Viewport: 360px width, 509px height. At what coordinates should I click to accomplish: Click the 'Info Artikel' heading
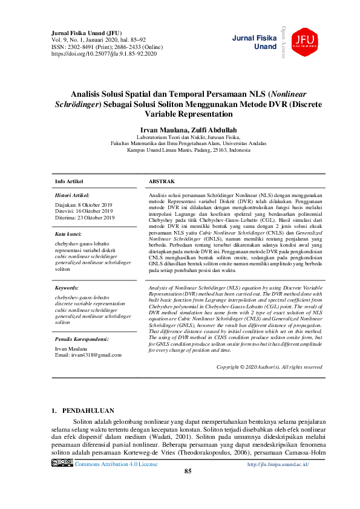tap(69, 181)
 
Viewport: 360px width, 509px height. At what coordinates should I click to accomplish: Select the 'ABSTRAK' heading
tap(162, 181)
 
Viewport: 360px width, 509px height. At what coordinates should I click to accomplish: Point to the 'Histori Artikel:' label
tap(72, 196)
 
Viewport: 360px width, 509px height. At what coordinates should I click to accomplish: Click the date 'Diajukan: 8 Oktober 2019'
tap(84, 204)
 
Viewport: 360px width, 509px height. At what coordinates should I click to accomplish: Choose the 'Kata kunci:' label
tap(68, 234)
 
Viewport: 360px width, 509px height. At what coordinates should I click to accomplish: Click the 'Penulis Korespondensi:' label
tap(82, 339)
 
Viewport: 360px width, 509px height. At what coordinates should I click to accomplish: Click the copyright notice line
tap(269, 367)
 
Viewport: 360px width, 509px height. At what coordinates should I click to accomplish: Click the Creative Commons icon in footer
tap(62, 463)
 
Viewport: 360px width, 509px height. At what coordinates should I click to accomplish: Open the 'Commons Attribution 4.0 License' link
tap(116, 464)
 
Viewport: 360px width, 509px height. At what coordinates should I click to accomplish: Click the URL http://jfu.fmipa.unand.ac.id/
tap(278, 464)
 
